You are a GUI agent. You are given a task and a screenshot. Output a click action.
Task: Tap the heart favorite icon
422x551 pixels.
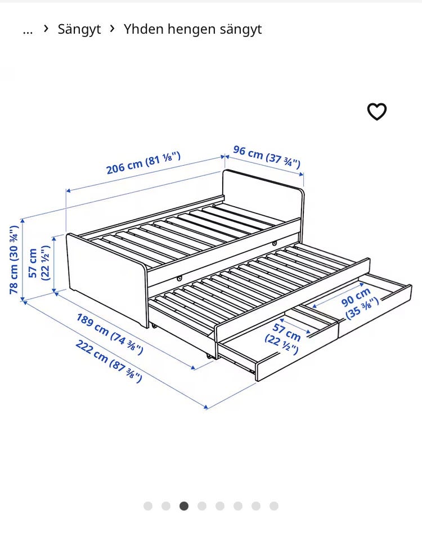pyautogui.click(x=377, y=112)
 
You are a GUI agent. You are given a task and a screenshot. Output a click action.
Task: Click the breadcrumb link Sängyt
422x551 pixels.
pyautogui.click(x=79, y=29)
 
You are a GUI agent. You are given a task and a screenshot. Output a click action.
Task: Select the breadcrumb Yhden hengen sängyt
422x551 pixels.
pyautogui.click(x=192, y=29)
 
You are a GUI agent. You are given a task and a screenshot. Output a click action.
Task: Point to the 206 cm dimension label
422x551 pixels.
pyautogui.click(x=143, y=163)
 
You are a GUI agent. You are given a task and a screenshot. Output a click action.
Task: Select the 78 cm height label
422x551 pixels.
pyautogui.click(x=14, y=259)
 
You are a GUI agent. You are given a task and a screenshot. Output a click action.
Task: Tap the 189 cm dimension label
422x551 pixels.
pyautogui.click(x=110, y=334)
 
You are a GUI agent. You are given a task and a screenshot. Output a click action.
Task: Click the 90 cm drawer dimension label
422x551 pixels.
pyautogui.click(x=360, y=303)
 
